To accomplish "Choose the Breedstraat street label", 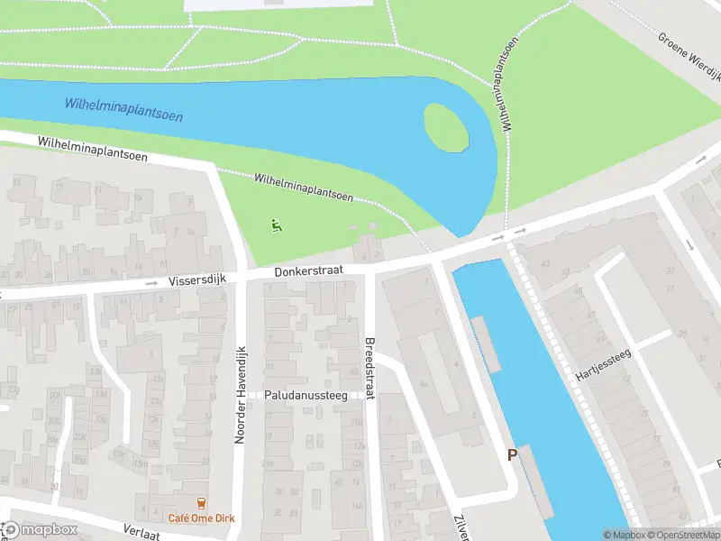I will click(x=370, y=368).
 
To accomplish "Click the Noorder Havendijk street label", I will click(x=240, y=395).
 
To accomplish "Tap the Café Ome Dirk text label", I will click(x=201, y=518).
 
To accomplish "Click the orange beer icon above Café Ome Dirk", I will click(x=201, y=504).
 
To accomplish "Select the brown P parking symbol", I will click(x=512, y=455).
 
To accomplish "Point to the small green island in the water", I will click(x=446, y=128).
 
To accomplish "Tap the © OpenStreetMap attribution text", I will click(x=683, y=535).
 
